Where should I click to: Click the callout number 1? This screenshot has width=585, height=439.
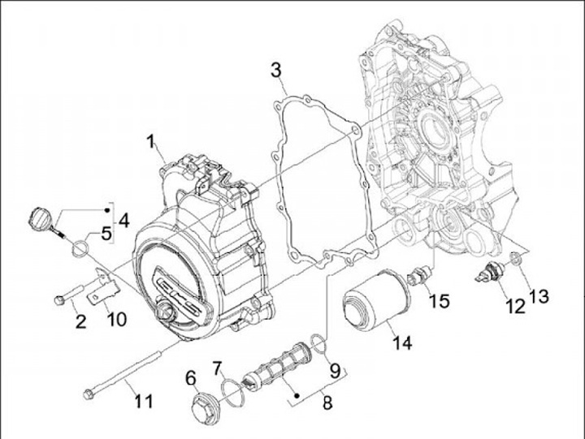point(151,142)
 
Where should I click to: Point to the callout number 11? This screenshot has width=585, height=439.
point(143,402)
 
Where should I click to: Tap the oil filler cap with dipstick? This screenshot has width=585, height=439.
point(39,217)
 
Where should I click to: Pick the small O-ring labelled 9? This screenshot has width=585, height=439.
point(320,346)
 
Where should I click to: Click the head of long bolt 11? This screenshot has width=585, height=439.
point(89,394)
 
